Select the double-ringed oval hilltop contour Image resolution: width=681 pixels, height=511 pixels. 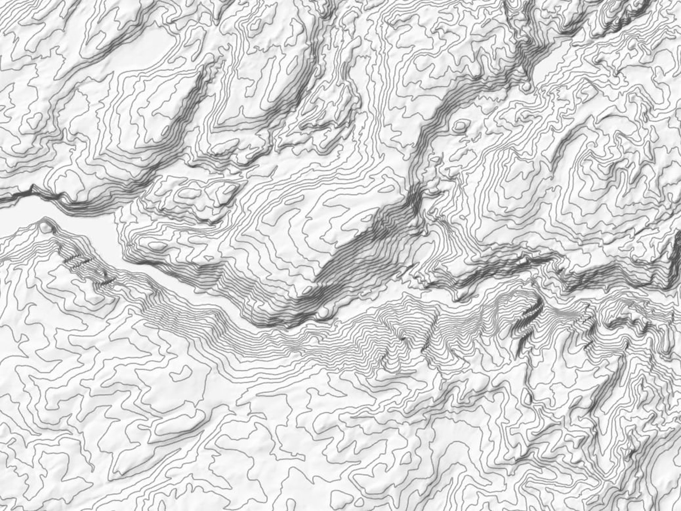coord(461,125)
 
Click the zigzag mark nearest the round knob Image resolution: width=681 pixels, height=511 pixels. coord(77,260)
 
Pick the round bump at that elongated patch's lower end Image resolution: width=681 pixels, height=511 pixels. coord(527,86)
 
